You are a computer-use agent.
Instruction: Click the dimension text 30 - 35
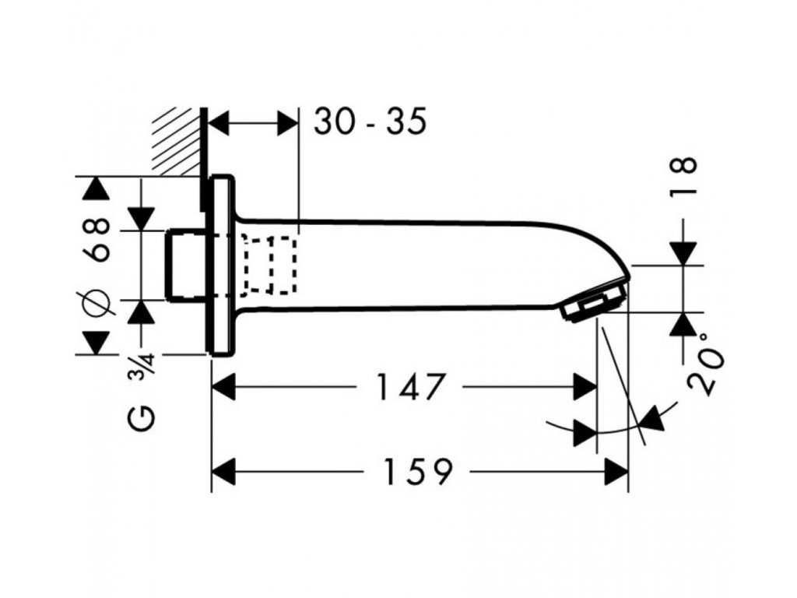click(x=370, y=121)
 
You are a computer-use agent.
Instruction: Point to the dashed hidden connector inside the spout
click(x=269, y=264)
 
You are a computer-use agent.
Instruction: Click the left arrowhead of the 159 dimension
click(x=223, y=471)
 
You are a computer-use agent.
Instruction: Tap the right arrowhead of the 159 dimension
click(x=617, y=471)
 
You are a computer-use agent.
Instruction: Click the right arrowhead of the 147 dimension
click(x=585, y=387)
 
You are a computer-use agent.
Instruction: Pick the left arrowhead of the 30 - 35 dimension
click(x=223, y=122)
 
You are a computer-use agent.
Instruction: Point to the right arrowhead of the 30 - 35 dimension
click(x=289, y=122)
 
